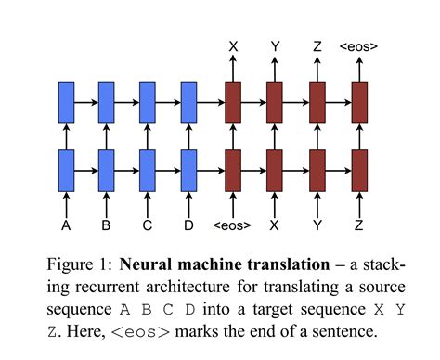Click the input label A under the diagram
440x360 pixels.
tap(66, 225)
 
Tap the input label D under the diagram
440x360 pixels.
tap(189, 225)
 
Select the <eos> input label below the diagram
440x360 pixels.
tap(231, 225)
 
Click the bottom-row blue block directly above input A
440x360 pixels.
tap(66, 168)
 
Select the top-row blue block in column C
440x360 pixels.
tap(148, 100)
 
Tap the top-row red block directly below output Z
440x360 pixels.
tap(317, 100)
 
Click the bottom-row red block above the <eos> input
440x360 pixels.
tap(231, 168)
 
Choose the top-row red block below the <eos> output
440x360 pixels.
tap(359, 100)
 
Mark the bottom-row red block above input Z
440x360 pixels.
tap(359, 168)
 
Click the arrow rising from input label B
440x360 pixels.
tap(107, 202)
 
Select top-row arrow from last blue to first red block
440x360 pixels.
tap(211, 100)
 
